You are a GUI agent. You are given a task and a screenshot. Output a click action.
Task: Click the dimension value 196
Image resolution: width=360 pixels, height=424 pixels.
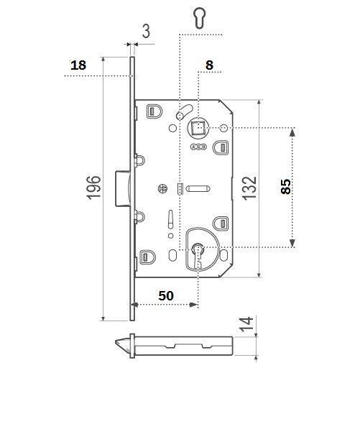click(93, 188)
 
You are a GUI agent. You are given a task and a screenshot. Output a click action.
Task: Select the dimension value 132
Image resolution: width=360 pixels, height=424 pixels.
click(249, 188)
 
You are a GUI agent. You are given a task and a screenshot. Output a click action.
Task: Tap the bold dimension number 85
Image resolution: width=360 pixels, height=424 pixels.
click(285, 187)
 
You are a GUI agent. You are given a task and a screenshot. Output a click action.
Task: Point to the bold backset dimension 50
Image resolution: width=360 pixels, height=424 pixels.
click(166, 295)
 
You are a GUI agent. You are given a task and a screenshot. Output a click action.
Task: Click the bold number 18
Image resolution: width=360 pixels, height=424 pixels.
click(78, 65)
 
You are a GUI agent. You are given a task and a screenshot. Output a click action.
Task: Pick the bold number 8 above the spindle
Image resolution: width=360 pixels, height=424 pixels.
click(209, 65)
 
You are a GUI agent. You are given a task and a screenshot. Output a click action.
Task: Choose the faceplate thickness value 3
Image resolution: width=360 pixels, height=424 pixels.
click(146, 31)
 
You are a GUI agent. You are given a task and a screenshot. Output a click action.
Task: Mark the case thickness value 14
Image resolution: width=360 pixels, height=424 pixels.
click(246, 324)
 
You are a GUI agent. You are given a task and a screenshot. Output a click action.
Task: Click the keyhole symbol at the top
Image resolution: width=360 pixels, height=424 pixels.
click(200, 17)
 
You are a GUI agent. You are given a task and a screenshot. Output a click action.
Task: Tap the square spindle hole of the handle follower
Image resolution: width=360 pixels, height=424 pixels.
click(198, 127)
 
